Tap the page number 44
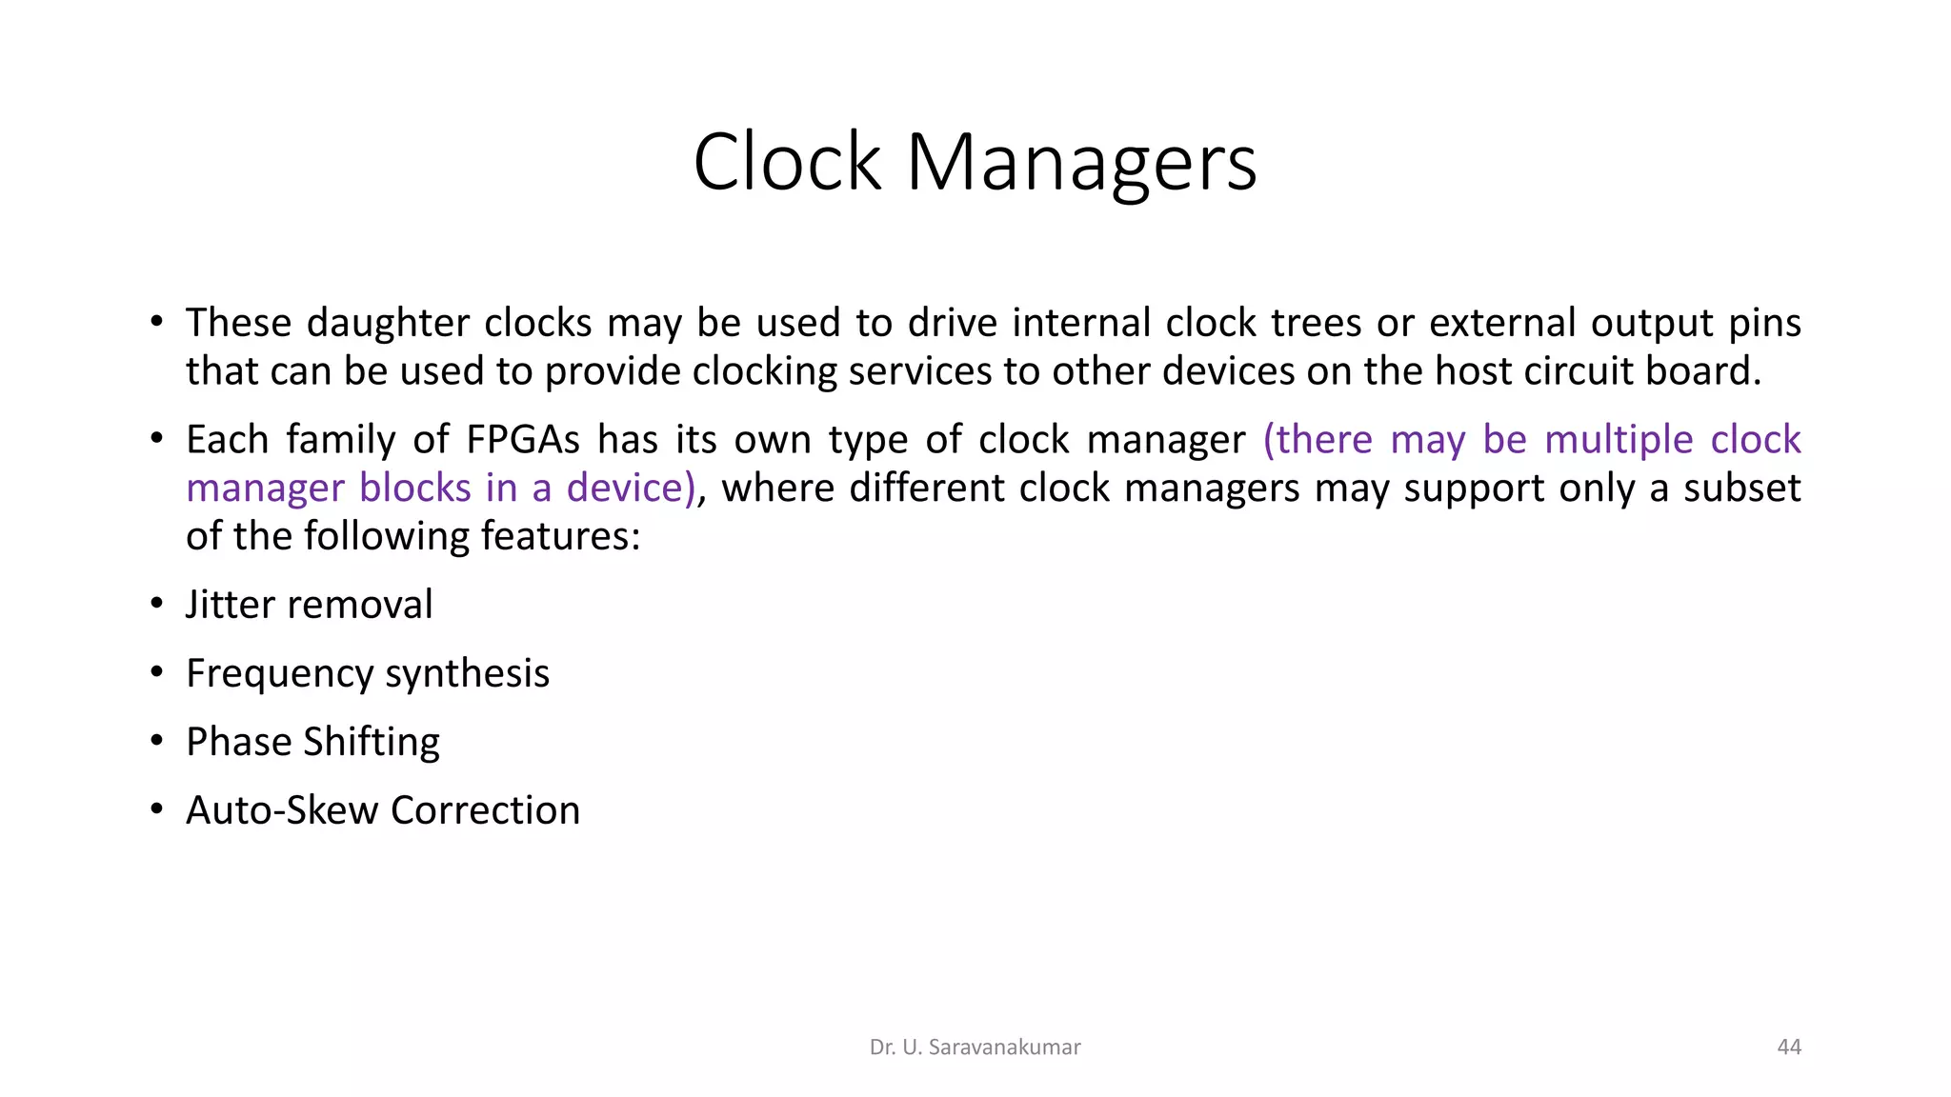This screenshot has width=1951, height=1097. point(1789,1047)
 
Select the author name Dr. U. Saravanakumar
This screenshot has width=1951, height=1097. point(975,1047)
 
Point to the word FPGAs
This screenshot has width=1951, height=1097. point(523,440)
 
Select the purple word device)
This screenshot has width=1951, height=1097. point(632,489)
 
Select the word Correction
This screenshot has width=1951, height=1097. point(485,810)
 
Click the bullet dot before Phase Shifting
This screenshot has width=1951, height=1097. point(157,742)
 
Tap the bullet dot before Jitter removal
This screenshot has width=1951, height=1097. point(157,605)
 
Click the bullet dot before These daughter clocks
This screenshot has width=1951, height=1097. point(157,322)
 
